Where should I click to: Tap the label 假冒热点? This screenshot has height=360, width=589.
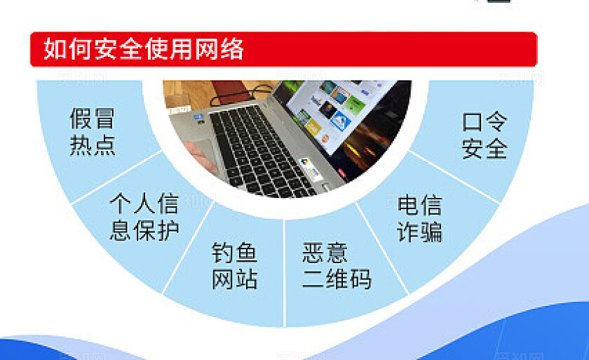point(92,131)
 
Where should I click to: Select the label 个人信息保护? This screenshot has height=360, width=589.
point(144,217)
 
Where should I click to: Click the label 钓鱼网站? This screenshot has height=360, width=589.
point(235,266)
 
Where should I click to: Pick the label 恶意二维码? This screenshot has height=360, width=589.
point(337,266)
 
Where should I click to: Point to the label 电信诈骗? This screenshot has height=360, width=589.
point(419,218)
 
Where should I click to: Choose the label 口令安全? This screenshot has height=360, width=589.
point(485,135)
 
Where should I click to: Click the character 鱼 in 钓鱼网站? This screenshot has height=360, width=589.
point(246,253)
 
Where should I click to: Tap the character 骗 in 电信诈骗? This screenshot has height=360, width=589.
point(431,231)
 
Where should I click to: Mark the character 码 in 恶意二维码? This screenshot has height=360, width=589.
point(360,279)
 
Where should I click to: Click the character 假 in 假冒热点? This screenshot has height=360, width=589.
point(81,119)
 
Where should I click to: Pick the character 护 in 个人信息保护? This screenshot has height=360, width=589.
point(168,229)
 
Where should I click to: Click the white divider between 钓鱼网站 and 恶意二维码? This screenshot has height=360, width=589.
point(284,270)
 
